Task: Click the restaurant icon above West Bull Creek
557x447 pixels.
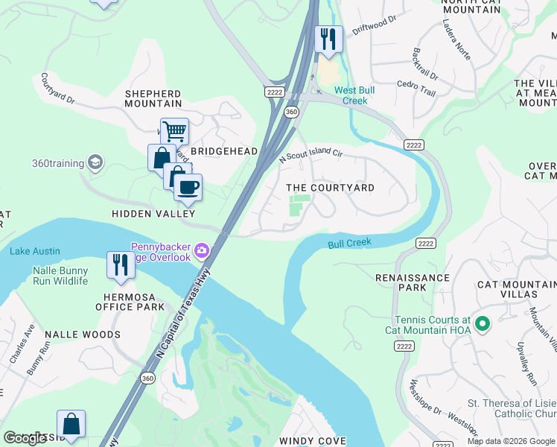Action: pyautogui.click(x=328, y=38)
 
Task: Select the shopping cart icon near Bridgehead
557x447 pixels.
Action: pyautogui.click(x=174, y=132)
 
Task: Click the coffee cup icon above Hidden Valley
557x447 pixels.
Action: pyautogui.click(x=188, y=186)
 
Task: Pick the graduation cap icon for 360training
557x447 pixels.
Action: pyautogui.click(x=95, y=162)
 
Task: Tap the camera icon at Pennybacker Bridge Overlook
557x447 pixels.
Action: pyautogui.click(x=202, y=252)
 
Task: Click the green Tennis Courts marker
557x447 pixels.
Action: pyautogui.click(x=482, y=324)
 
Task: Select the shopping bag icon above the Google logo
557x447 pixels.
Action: pyautogui.click(x=71, y=424)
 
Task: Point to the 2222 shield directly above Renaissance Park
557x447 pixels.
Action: pyautogui.click(x=424, y=244)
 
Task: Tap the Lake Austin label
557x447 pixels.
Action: pyautogui.click(x=35, y=252)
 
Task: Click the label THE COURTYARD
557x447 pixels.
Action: pyautogui.click(x=331, y=188)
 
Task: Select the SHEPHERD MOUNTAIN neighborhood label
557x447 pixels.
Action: pyautogui.click(x=153, y=98)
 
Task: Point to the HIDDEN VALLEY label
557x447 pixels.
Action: pyautogui.click(x=147, y=214)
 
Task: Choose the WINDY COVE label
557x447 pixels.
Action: pyautogui.click(x=312, y=441)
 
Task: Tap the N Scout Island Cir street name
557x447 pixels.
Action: pyautogui.click(x=311, y=153)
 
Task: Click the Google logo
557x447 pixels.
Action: pyautogui.click(x=25, y=438)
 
